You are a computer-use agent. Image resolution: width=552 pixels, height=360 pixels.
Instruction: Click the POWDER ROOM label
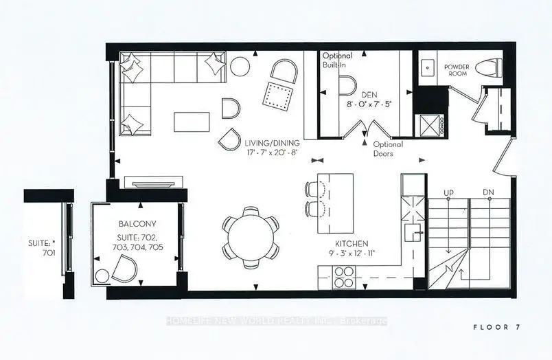tap(457, 70)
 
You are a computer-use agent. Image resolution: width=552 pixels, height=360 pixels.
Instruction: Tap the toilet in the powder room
tap(489, 67)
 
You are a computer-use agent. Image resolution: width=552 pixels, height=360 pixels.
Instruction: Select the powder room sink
tap(428, 67)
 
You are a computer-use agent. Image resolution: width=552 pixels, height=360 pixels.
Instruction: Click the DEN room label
tap(369, 94)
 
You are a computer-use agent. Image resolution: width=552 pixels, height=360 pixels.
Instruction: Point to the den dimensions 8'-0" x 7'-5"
tap(369, 104)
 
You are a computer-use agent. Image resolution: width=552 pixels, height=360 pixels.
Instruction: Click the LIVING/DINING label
tap(272, 143)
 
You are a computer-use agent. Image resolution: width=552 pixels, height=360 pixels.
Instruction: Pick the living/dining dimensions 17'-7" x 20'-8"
tap(272, 153)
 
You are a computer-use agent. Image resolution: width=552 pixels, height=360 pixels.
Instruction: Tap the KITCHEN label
tap(352, 243)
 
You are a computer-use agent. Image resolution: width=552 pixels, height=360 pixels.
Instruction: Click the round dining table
tap(251, 238)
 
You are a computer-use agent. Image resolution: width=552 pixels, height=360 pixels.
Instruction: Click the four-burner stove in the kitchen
tap(343, 278)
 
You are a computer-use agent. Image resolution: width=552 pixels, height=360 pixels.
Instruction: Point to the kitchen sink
tap(413, 233)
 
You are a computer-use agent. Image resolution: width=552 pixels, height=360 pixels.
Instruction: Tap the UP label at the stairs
tap(448, 192)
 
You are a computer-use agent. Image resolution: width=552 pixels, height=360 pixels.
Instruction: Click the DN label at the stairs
tap(488, 192)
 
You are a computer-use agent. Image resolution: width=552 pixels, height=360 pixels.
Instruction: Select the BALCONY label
tap(137, 224)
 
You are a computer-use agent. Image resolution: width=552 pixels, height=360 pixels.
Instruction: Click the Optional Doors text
tap(388, 148)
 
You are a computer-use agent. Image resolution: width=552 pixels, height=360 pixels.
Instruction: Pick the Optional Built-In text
tap(337, 60)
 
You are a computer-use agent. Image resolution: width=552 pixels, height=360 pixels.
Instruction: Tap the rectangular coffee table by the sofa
tap(192, 122)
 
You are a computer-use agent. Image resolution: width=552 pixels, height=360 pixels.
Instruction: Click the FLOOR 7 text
tap(496, 327)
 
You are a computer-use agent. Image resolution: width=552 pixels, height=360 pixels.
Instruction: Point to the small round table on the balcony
tap(102, 276)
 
